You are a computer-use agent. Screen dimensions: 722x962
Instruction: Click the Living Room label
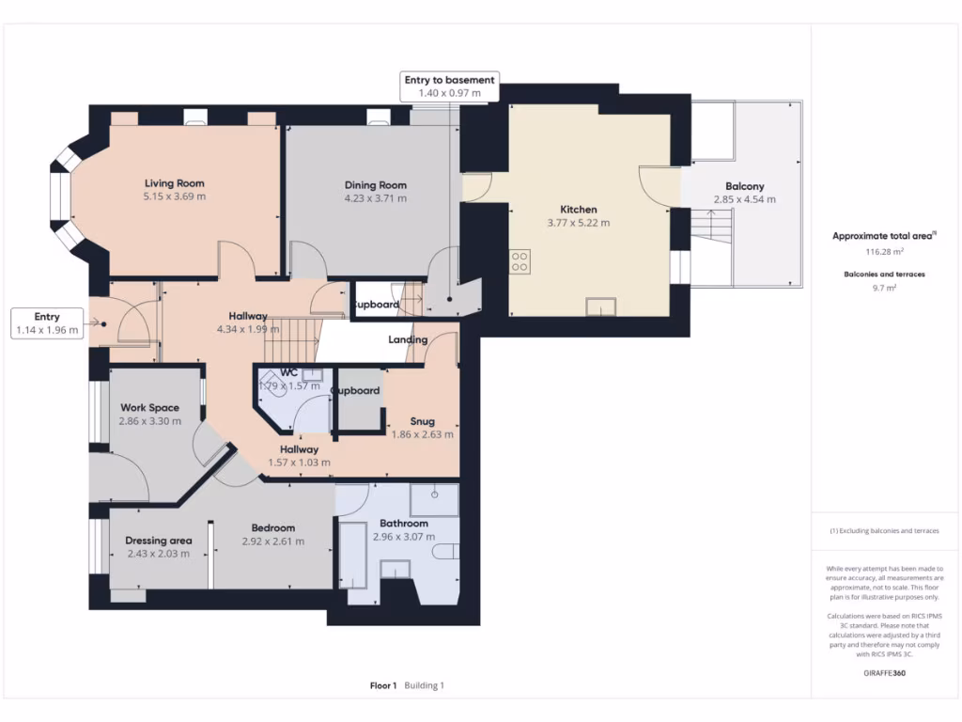pyautogui.click(x=174, y=183)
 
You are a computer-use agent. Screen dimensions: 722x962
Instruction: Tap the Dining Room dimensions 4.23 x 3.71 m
pyautogui.click(x=375, y=198)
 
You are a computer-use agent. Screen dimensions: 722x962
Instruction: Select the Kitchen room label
pyautogui.click(x=578, y=210)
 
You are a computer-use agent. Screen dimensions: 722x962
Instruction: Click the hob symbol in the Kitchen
pyautogui.click(x=520, y=260)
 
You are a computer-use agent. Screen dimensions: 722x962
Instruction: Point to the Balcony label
pyautogui.click(x=744, y=186)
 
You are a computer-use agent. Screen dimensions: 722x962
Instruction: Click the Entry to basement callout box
pyautogui.click(x=449, y=86)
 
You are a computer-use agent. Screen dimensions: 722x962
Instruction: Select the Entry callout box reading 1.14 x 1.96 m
pyautogui.click(x=47, y=323)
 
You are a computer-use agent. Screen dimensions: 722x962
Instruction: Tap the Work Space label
pyautogui.click(x=149, y=408)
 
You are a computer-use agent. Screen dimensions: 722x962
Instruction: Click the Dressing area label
pyautogui.click(x=159, y=541)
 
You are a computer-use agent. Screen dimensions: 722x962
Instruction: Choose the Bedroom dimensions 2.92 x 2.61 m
pyautogui.click(x=272, y=541)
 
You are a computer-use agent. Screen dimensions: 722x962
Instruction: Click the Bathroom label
pyautogui.click(x=404, y=524)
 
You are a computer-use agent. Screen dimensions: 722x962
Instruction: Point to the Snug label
pyautogui.click(x=423, y=420)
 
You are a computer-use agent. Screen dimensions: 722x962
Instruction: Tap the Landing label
pyautogui.click(x=408, y=339)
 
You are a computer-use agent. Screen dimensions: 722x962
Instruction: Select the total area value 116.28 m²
pyautogui.click(x=883, y=252)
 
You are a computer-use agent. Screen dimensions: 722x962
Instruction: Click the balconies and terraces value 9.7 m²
pyautogui.click(x=883, y=288)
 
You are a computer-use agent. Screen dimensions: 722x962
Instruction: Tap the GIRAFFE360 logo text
pyautogui.click(x=883, y=673)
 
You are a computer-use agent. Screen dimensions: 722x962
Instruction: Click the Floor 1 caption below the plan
pyautogui.click(x=383, y=685)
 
